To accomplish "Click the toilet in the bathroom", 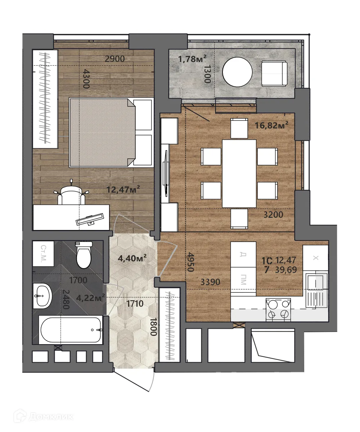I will click(84, 255).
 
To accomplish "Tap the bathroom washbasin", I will click(42, 296).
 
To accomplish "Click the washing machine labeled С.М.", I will click(43, 254).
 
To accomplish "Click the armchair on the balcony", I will click(274, 73).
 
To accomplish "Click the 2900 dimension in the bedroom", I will click(114, 59).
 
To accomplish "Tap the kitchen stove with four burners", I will click(278, 309).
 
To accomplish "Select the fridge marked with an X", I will click(315, 258).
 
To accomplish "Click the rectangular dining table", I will click(239, 174).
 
